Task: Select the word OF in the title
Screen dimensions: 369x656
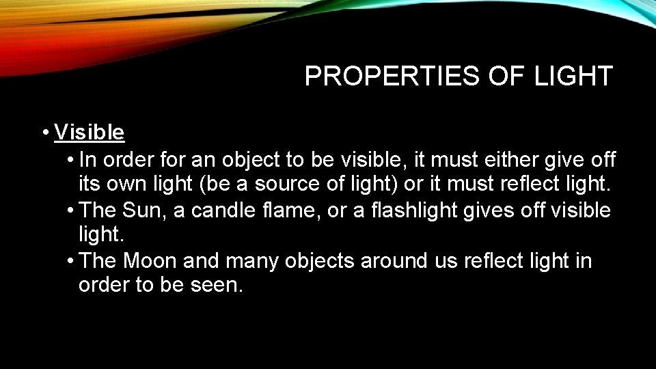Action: [x=504, y=77]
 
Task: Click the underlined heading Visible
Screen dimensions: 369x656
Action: [x=90, y=132]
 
